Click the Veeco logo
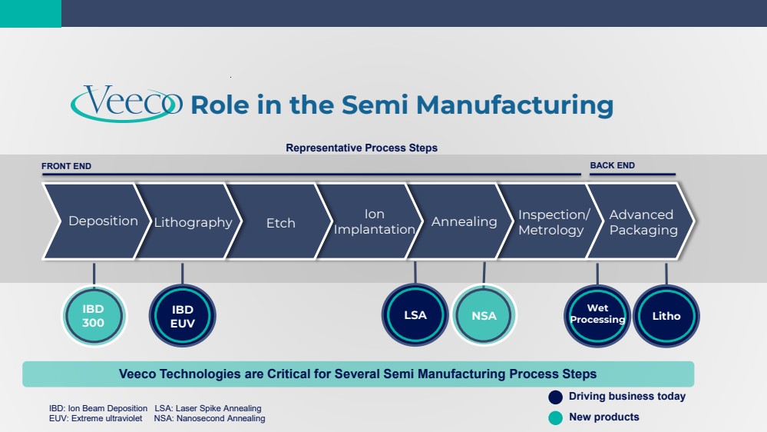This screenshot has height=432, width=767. coord(127,103)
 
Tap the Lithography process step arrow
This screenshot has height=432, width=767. coord(188,221)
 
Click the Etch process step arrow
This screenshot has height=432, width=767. coord(279,221)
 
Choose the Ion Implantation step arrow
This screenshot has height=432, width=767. coord(370,221)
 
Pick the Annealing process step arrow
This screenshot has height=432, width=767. coord(461,221)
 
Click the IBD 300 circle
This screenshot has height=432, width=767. coord(94,316)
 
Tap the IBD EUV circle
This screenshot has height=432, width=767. coord(183,316)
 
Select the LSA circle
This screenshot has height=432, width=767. coord(415,315)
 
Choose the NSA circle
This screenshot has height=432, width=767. coord(484,315)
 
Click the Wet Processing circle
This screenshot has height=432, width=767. coord(597,316)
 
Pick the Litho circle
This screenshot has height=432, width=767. coord(666,316)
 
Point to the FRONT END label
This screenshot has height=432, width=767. coord(66,166)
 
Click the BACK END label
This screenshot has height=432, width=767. coord(613,165)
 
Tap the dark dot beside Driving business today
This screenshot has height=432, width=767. coord(555,397)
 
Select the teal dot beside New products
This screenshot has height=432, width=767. coord(555,418)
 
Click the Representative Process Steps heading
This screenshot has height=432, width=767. coord(362,148)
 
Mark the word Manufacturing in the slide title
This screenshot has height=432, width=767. coord(514,105)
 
